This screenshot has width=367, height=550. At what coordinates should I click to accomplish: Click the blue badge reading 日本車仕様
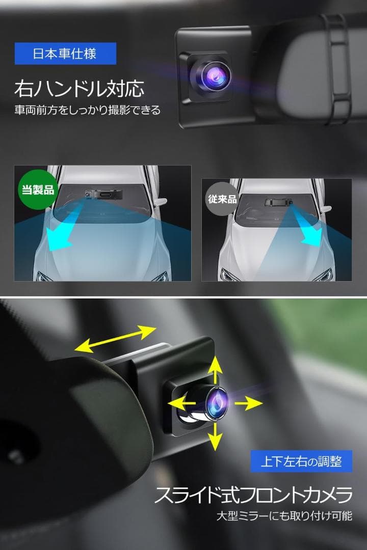[x=65, y=53]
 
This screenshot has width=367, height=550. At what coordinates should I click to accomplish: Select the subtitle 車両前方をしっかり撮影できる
[x=87, y=110]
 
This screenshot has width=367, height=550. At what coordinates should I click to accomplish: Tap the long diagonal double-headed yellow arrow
[x=115, y=339]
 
